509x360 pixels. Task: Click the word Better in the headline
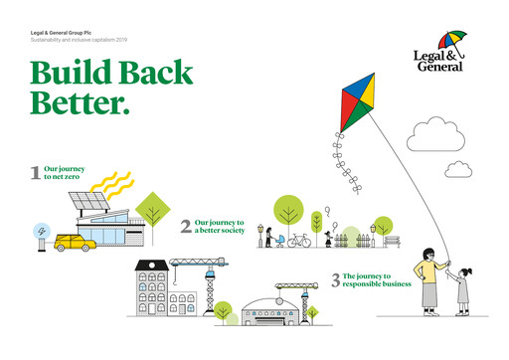click(x=80, y=102)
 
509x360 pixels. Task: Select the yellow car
click(x=75, y=242)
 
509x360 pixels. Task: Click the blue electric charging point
click(x=41, y=234)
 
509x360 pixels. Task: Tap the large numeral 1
click(x=36, y=174)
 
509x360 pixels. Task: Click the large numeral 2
click(x=186, y=226)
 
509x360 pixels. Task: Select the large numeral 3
click(x=336, y=281)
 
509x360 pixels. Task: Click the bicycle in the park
click(x=299, y=241)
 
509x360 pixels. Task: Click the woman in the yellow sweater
click(x=429, y=279)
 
